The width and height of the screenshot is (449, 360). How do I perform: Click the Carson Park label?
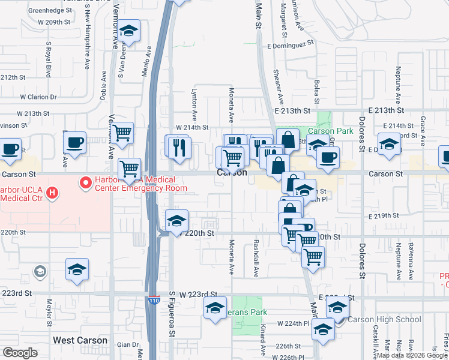(330, 131)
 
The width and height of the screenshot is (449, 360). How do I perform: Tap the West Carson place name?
(80, 340)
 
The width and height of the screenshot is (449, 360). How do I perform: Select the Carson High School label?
(384, 319)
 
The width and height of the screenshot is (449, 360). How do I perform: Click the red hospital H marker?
(53, 193)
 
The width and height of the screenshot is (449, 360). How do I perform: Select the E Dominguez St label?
(291, 44)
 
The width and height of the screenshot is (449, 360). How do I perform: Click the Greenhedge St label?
(50, 10)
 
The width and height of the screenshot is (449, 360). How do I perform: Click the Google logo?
(20, 353)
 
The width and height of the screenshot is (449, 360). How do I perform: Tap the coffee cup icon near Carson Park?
(328, 158)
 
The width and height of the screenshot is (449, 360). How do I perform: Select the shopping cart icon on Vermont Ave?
(122, 132)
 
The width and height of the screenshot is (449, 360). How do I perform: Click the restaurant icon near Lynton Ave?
(178, 147)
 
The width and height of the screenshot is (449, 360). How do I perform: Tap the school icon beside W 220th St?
(176, 221)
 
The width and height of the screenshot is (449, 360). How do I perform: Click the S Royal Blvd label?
(47, 60)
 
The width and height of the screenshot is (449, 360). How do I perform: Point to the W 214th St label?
(192, 128)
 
